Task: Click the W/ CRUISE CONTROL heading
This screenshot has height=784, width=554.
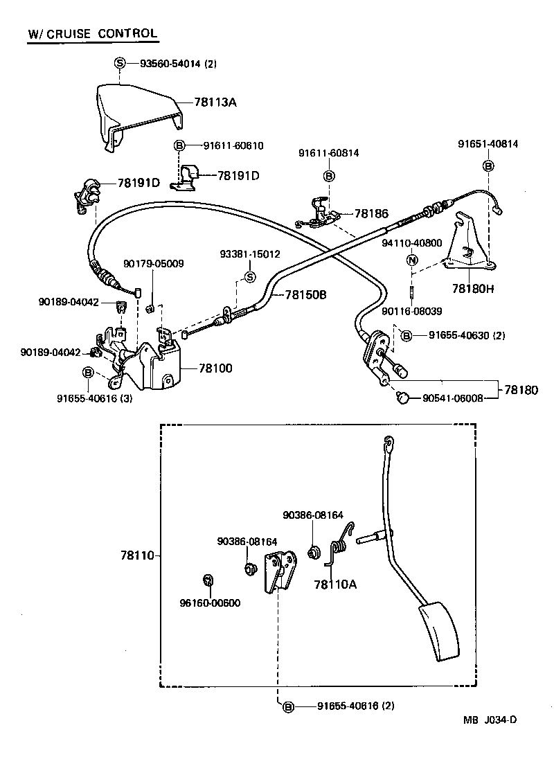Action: pyautogui.click(x=92, y=33)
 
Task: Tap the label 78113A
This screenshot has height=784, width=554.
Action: pyautogui.click(x=215, y=103)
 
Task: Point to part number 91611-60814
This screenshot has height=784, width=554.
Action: pyautogui.click(x=329, y=153)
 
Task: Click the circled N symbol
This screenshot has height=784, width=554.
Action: pyautogui.click(x=411, y=260)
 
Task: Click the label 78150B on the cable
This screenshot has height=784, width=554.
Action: pyautogui.click(x=305, y=294)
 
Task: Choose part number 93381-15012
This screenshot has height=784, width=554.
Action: pyautogui.click(x=250, y=254)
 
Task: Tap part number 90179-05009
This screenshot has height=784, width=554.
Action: pyautogui.click(x=154, y=264)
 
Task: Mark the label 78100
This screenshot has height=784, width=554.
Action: pyautogui.click(x=215, y=368)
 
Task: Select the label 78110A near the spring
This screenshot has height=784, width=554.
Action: pyautogui.click(x=335, y=584)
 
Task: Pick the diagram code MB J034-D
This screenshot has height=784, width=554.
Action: pyautogui.click(x=490, y=719)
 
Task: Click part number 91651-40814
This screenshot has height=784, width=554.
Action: pyautogui.click(x=488, y=144)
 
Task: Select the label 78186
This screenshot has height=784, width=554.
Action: pyautogui.click(x=371, y=214)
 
